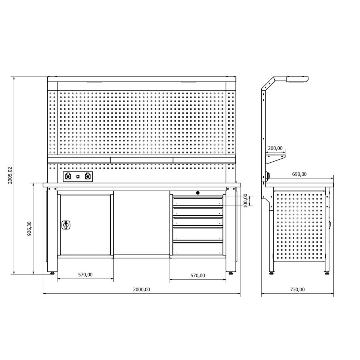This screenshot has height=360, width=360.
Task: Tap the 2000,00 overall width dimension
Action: tap(142, 289)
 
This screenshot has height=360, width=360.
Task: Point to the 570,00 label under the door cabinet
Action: tap(85, 274)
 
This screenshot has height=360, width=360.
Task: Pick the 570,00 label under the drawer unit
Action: tap(197, 276)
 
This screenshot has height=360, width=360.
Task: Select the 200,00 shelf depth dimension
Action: tap(275, 148)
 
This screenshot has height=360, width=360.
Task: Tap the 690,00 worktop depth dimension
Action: tap(299, 174)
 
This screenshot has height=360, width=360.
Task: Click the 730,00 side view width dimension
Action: tap(297, 289)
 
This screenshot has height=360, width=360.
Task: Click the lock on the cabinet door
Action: tap(65, 225)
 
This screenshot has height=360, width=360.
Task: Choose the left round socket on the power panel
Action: tap(68, 176)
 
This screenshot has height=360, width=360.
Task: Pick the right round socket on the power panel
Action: tap(88, 176)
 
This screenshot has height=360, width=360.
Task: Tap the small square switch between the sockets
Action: tap(78, 176)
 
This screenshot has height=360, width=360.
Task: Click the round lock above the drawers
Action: tap(198, 193)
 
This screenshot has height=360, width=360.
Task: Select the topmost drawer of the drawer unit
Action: tap(197, 201)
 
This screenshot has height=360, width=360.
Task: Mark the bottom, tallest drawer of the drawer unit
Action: tap(197, 248)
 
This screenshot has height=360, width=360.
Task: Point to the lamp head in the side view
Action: tap(297, 79)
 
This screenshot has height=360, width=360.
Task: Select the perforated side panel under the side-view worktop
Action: tap(299, 227)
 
